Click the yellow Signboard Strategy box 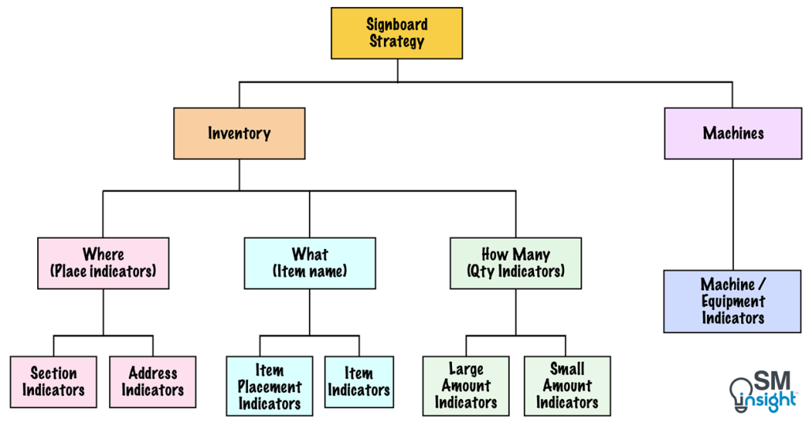coord(397,33)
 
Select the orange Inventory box coord(239,134)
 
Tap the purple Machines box coord(733,134)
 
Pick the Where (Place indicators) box coord(103,262)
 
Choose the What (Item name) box coord(310,262)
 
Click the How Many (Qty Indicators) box coord(516,262)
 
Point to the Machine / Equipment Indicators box coord(732,301)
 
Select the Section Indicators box coord(54,382)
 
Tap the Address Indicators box coord(152,382)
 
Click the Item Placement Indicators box coord(269,387)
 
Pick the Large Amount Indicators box coord(466,386)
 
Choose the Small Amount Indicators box coord(567,386)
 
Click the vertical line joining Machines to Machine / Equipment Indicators coord(733,214)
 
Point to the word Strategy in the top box coord(397,41)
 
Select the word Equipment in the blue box coord(733,301)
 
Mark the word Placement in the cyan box coord(269,387)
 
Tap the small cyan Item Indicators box coord(359,382)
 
